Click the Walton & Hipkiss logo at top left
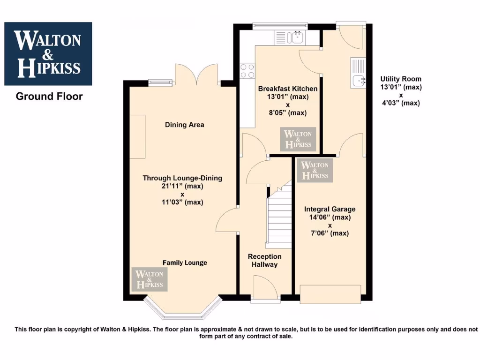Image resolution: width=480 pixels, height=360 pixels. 48,53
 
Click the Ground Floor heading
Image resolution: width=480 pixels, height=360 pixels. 49,97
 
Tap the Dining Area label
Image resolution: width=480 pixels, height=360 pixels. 184,125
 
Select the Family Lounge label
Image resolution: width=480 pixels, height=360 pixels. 185,262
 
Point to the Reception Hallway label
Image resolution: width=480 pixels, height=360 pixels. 265,261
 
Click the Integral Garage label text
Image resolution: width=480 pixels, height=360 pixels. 330,209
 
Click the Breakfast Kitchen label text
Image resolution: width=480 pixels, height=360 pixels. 287,89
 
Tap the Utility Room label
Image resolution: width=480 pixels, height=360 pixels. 401,79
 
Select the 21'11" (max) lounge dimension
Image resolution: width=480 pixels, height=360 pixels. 182,186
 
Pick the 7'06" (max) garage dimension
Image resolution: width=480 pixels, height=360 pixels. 330,233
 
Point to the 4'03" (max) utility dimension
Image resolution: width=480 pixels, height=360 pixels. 401,103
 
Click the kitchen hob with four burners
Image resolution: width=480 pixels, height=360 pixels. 247,70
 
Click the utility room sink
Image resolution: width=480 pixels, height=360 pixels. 359,74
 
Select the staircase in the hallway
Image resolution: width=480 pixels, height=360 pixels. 278,216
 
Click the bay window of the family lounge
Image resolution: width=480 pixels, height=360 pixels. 182,310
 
